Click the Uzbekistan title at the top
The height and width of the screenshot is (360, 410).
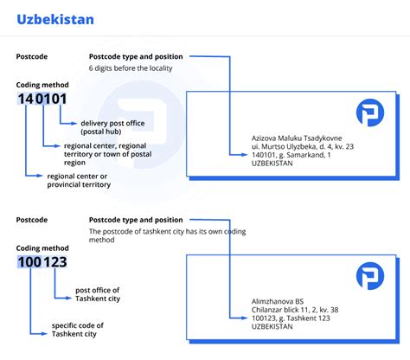click(55, 20)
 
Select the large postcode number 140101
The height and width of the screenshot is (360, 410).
click(42, 99)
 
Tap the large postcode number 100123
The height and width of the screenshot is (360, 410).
click(42, 262)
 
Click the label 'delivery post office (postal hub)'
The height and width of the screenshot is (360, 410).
click(112, 127)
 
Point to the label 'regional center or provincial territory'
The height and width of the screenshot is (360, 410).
click(79, 180)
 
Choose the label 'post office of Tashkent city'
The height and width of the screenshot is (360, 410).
click(98, 294)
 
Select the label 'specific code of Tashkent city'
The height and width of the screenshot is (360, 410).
click(78, 330)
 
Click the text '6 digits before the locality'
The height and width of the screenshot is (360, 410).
click(131, 68)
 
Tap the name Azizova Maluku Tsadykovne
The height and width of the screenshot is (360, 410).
click(297, 138)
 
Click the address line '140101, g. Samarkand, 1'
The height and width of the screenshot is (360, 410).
click(291, 155)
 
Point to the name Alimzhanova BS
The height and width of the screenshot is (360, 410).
click(278, 301)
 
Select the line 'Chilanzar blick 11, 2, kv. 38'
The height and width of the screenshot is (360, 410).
click(295, 310)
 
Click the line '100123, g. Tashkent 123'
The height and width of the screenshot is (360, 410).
click(291, 318)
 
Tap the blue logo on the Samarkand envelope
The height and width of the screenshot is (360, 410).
click(370, 112)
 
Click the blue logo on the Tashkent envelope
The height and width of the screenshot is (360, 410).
click(370, 276)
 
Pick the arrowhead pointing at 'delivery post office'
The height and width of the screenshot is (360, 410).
click(74, 124)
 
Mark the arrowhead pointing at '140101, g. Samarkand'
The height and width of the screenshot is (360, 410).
click(245, 155)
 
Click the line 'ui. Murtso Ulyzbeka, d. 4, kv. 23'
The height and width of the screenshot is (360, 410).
click(303, 146)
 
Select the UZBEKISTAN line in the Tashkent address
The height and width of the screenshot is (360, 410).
click(272, 326)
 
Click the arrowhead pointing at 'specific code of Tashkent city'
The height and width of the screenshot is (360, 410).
click(44, 334)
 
